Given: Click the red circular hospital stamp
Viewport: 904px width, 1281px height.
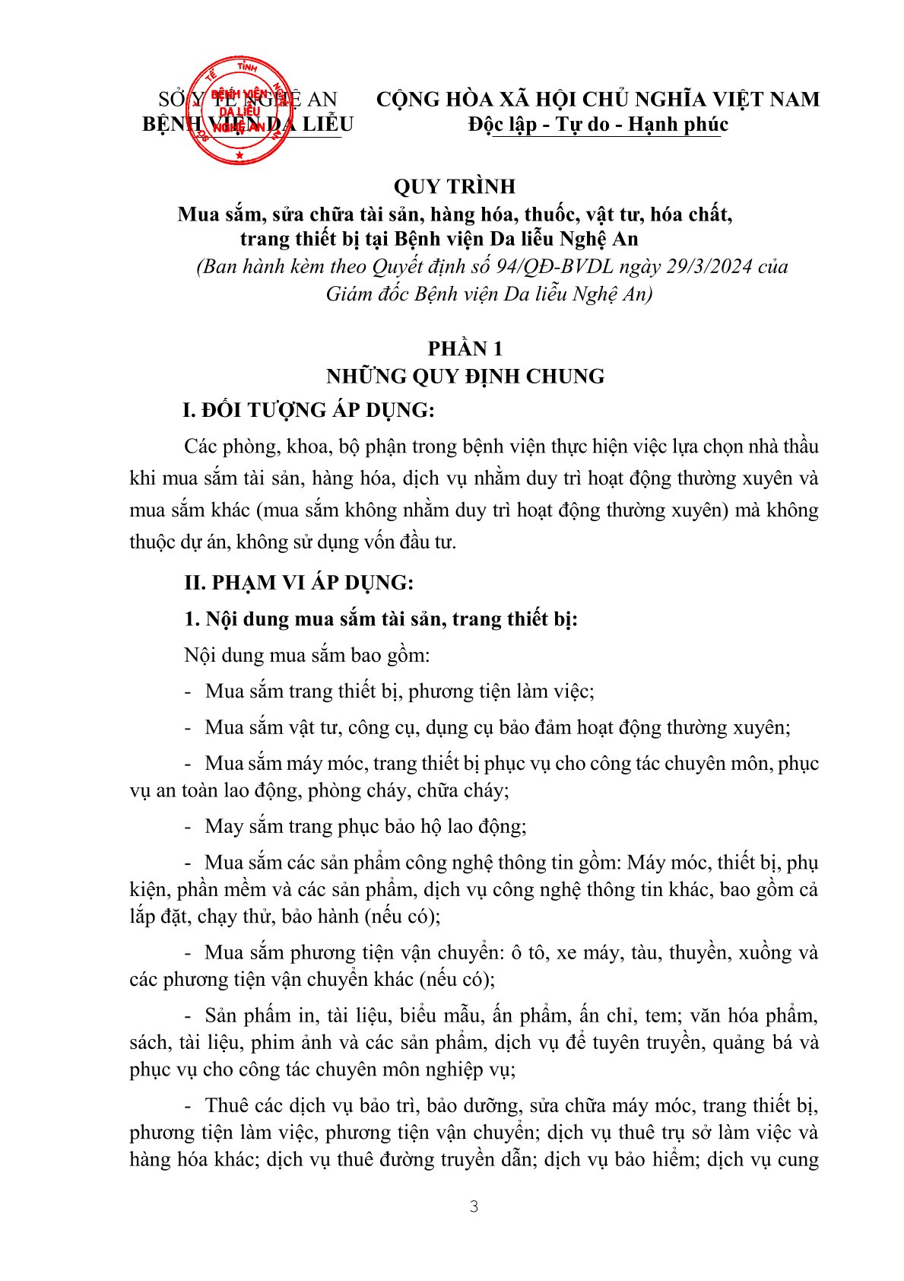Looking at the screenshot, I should (239, 111).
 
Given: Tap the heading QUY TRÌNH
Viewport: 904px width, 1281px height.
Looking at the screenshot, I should (454, 186).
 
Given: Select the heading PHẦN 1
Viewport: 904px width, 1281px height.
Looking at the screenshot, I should (465, 348).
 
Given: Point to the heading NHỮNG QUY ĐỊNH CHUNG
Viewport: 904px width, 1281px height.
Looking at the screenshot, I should (465, 376).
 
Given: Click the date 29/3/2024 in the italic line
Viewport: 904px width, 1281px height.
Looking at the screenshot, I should (709, 266).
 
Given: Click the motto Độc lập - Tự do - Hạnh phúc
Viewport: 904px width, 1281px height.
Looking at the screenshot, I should (598, 125).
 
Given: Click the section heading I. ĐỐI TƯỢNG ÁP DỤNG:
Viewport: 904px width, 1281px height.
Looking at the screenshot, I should (308, 410).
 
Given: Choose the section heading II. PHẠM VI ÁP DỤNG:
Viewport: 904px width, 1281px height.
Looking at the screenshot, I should (298, 583).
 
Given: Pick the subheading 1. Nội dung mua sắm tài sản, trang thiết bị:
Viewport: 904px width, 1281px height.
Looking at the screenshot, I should (380, 618).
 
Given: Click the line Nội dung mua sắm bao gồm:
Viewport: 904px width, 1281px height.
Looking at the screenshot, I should (306, 655).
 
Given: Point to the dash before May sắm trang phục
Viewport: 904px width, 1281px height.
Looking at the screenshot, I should (189, 827).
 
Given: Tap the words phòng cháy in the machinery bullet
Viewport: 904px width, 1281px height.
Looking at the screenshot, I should (345, 790).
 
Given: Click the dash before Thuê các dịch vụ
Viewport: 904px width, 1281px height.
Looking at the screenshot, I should (189, 1106).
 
